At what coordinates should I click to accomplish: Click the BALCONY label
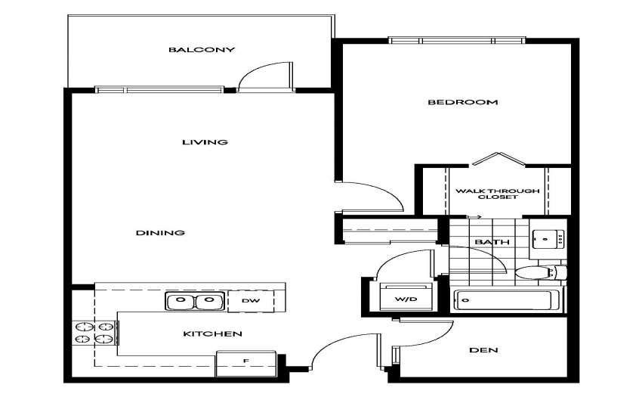point(202,50)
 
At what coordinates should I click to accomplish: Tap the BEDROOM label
point(463,102)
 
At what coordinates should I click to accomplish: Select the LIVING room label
point(205,142)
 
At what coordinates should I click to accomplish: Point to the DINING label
point(160,233)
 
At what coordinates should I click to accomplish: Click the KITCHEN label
point(212,333)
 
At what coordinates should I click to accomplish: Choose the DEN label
point(483,350)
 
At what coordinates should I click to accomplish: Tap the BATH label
point(492,242)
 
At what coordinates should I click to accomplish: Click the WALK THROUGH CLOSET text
point(498,194)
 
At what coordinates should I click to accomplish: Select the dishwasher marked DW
point(251,301)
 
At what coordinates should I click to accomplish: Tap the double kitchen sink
point(195,301)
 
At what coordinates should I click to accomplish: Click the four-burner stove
point(95,333)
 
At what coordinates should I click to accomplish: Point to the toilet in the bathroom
point(541,272)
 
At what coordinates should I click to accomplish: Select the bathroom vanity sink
point(548,239)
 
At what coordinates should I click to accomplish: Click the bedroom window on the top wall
point(456,41)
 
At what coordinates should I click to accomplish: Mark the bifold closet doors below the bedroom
point(498,158)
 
